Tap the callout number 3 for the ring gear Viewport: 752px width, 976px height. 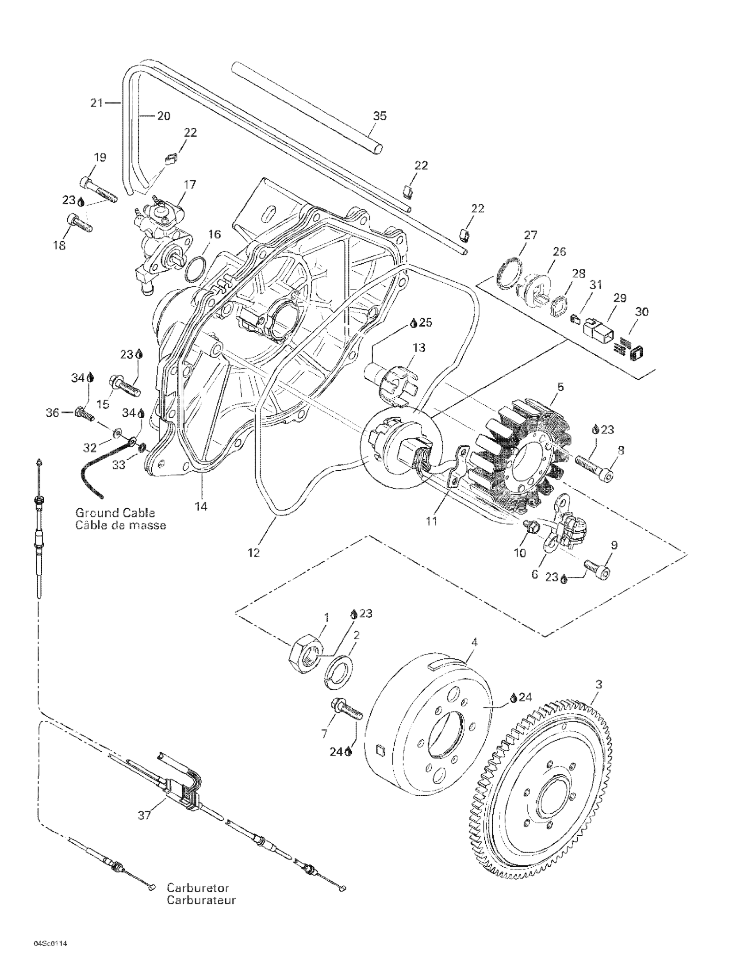(x=599, y=684)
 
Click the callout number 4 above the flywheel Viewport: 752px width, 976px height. (x=475, y=642)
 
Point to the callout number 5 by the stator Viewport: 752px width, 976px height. (x=560, y=387)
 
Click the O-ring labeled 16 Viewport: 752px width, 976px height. (x=195, y=270)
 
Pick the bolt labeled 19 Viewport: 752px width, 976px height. (x=98, y=189)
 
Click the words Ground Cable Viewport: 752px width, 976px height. (x=115, y=513)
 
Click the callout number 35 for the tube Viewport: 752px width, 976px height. (x=380, y=116)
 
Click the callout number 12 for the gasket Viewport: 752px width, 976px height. (x=253, y=553)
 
